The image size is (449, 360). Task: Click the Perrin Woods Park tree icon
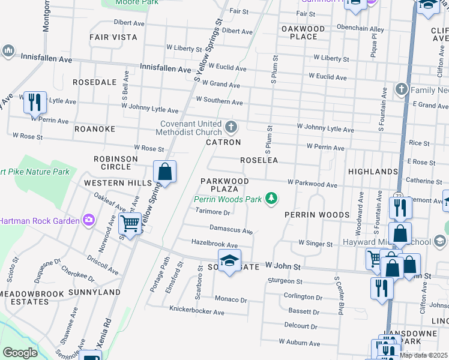[272, 198]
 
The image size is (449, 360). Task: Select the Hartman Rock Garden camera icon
[89, 220]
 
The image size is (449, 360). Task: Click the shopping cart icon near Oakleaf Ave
[130, 224]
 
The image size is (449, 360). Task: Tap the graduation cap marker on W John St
[229, 261]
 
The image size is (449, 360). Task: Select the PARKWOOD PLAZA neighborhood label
[224, 184]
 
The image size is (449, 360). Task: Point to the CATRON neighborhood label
[223, 142]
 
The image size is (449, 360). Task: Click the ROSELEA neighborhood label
[259, 160]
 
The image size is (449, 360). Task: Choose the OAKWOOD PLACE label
[303, 32]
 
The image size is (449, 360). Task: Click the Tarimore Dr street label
[213, 212]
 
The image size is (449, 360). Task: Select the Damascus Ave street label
[231, 229]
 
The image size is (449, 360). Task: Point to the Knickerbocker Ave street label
[197, 312]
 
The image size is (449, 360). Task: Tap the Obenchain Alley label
[360, 28]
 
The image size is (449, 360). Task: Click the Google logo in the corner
[20, 353]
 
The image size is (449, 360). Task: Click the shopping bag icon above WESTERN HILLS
[165, 172]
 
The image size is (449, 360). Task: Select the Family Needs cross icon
[402, 90]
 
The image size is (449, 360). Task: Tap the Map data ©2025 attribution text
[423, 355]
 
